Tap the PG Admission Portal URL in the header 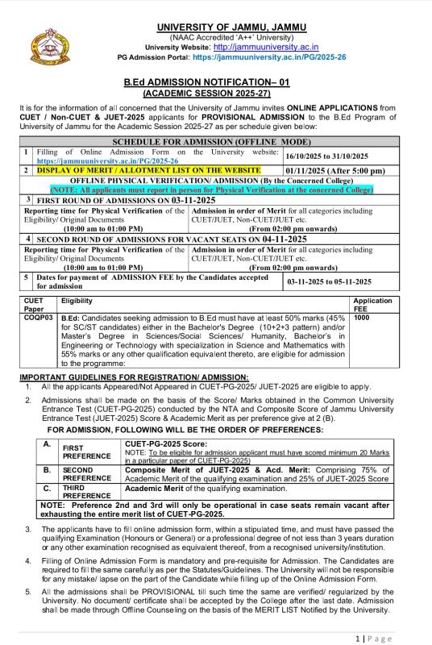[269, 58]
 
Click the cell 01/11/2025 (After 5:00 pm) [335, 170]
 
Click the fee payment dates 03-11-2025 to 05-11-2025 [329, 281]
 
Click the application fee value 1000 [362, 317]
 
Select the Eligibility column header [77, 300]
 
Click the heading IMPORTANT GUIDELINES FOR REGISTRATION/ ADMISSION [134, 377]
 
